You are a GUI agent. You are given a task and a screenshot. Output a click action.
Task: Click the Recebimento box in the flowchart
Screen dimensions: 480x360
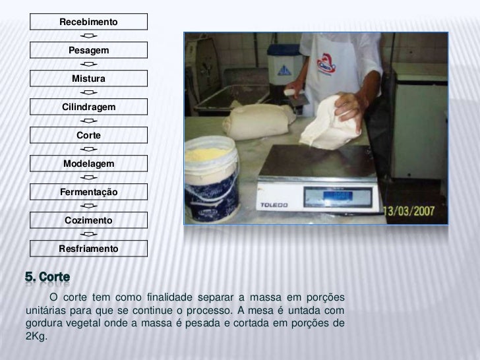88,22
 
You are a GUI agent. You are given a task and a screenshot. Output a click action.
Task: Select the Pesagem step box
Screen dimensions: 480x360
88,50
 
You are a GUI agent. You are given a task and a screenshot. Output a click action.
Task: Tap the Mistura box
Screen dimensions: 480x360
88,78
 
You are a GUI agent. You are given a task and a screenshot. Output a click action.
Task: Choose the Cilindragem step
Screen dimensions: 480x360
88,107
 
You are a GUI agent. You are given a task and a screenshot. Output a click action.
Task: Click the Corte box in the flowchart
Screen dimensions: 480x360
88,135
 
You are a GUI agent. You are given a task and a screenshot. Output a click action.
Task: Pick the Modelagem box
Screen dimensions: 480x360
88,164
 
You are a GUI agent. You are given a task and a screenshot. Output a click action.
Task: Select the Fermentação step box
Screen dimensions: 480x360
88,192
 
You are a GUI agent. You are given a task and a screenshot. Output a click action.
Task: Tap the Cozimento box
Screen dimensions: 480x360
88,220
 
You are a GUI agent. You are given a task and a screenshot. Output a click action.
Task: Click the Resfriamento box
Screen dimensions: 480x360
88,249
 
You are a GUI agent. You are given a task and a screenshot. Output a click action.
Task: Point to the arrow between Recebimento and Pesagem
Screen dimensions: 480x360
89,36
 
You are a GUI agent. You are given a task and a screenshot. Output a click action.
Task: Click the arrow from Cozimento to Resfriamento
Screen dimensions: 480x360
89,234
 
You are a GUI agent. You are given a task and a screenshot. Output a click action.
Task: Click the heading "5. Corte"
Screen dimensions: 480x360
47,277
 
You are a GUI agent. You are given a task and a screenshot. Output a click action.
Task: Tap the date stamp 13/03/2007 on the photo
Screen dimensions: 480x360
409,211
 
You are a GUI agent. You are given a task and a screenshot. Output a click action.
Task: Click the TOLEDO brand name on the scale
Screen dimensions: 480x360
274,205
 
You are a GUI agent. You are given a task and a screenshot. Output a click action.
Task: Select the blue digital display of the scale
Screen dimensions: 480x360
338,196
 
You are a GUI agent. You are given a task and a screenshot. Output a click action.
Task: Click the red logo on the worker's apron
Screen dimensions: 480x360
326,65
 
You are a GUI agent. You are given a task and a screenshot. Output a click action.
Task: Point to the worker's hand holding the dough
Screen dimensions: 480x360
349,109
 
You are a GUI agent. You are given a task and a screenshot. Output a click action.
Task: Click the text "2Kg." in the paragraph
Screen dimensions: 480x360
36,336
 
